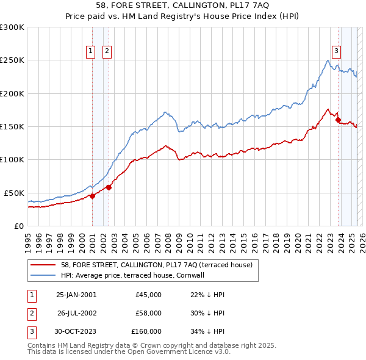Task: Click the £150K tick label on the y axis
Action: [12, 127]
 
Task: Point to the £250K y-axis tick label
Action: [12, 60]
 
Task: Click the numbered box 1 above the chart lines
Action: [91, 52]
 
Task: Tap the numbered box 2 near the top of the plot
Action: [107, 52]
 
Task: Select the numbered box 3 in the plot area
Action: [336, 52]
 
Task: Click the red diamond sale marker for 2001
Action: [93, 196]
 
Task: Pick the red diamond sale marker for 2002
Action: [109, 187]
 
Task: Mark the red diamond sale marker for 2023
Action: [338, 120]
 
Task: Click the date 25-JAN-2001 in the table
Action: [76, 295]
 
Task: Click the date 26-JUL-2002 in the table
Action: [76, 313]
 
